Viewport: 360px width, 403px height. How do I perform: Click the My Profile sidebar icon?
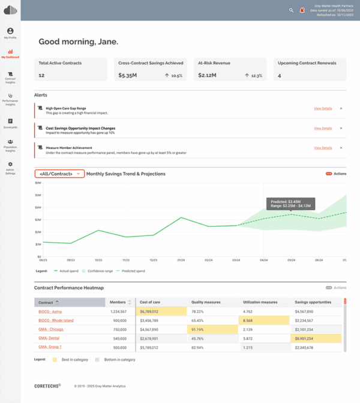(10, 31)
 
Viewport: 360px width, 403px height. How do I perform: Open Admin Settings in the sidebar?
(10, 165)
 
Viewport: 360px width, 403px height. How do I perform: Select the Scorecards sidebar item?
(10, 121)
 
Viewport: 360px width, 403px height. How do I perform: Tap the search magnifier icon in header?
(292, 10)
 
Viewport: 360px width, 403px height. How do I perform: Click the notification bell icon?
(302, 10)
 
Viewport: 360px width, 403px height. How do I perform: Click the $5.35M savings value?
(128, 76)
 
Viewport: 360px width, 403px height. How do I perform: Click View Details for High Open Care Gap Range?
(322, 109)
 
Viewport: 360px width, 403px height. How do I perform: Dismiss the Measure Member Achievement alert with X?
(341, 148)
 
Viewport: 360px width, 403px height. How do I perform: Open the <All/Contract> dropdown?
(59, 174)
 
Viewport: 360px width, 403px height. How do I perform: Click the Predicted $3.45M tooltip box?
(290, 204)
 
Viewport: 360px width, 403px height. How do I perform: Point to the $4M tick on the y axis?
(38, 207)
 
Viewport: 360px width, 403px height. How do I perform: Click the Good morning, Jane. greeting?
(78, 42)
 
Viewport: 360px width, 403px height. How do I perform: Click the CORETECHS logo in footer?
(47, 386)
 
